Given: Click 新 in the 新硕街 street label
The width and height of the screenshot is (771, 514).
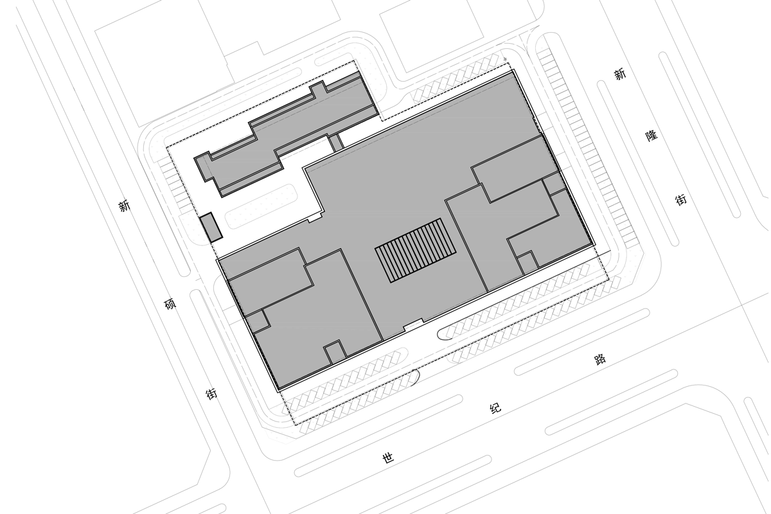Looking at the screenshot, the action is click(x=125, y=206).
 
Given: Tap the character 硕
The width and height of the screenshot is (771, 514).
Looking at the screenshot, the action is click(x=170, y=304).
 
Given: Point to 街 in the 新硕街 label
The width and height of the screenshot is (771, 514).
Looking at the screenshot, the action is click(x=211, y=393).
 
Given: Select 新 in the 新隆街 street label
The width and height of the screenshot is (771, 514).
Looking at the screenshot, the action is click(x=620, y=74).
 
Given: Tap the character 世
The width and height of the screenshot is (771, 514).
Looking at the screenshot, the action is click(x=388, y=458).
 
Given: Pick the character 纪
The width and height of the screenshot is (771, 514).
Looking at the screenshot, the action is click(x=495, y=409).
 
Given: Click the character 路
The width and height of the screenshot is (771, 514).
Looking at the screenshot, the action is click(x=599, y=360).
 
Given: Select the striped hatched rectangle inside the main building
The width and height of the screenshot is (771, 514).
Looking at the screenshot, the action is click(x=416, y=251).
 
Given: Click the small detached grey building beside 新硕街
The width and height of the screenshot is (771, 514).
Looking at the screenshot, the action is click(x=211, y=227).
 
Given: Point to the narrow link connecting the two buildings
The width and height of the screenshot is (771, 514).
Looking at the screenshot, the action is click(x=335, y=143).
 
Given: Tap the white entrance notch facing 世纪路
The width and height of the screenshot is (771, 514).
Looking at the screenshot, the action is click(x=413, y=325).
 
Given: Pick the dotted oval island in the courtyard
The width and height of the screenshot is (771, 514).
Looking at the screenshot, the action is click(x=261, y=206).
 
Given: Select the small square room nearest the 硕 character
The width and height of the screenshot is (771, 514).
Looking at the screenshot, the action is click(x=258, y=321).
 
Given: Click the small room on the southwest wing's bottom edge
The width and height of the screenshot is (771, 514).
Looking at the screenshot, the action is click(x=335, y=352).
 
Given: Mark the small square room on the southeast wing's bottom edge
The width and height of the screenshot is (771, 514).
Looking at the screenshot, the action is click(x=527, y=262).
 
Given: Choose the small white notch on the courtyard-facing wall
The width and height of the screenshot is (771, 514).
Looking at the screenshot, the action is click(x=315, y=218).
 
